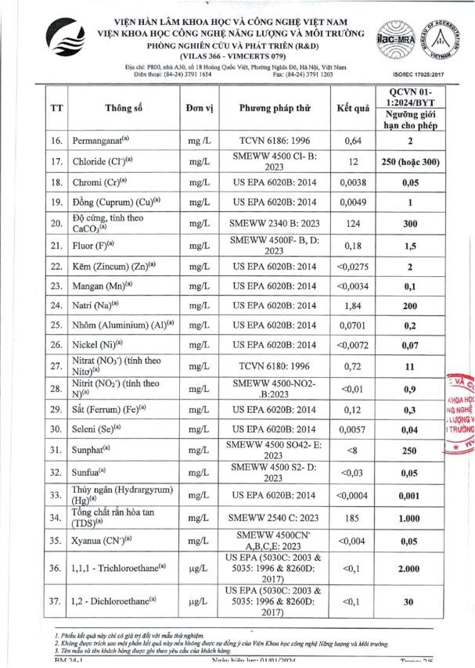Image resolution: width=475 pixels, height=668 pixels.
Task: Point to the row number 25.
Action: (x=56, y=323)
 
